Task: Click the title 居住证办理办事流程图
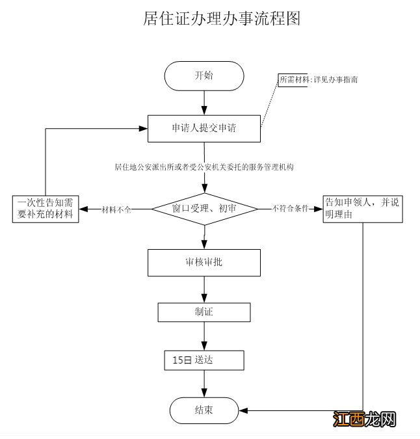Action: [x=221, y=18]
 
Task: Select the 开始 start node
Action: [x=204, y=75]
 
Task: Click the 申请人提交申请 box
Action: [x=204, y=128]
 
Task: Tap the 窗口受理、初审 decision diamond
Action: [x=205, y=209]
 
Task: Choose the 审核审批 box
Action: [x=204, y=262]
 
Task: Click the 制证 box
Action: [x=204, y=312]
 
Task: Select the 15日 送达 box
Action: [x=204, y=360]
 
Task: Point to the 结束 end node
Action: [x=204, y=410]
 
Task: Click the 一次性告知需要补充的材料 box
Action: [x=46, y=209]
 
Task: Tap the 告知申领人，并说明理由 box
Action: [x=363, y=209]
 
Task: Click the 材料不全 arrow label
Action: [x=117, y=209]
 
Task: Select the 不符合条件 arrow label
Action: [x=290, y=209]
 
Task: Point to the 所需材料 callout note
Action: [x=319, y=79]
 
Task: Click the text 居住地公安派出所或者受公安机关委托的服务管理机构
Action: [x=204, y=167]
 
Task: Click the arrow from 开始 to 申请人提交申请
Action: [x=205, y=103]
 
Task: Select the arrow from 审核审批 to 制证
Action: [x=205, y=289]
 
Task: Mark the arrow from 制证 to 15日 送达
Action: [x=205, y=336]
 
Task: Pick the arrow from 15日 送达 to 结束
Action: [x=205, y=384]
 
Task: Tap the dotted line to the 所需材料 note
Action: [x=270, y=104]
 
